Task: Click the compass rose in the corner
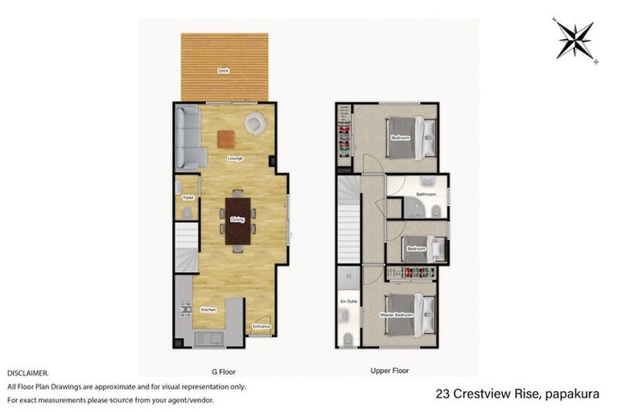574,39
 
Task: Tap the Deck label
224,71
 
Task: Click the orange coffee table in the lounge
225,138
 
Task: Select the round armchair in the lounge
256,123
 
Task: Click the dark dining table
237,220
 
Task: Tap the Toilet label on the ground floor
187,197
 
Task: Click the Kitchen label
208,310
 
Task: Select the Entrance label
261,326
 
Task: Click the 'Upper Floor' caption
389,371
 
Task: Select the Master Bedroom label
396,315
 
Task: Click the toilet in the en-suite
348,337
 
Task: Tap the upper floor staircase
348,217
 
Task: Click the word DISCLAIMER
27,373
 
